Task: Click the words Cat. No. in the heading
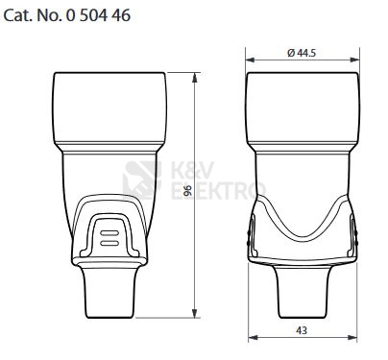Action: (x=36, y=16)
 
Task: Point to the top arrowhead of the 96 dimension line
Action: (x=198, y=75)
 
